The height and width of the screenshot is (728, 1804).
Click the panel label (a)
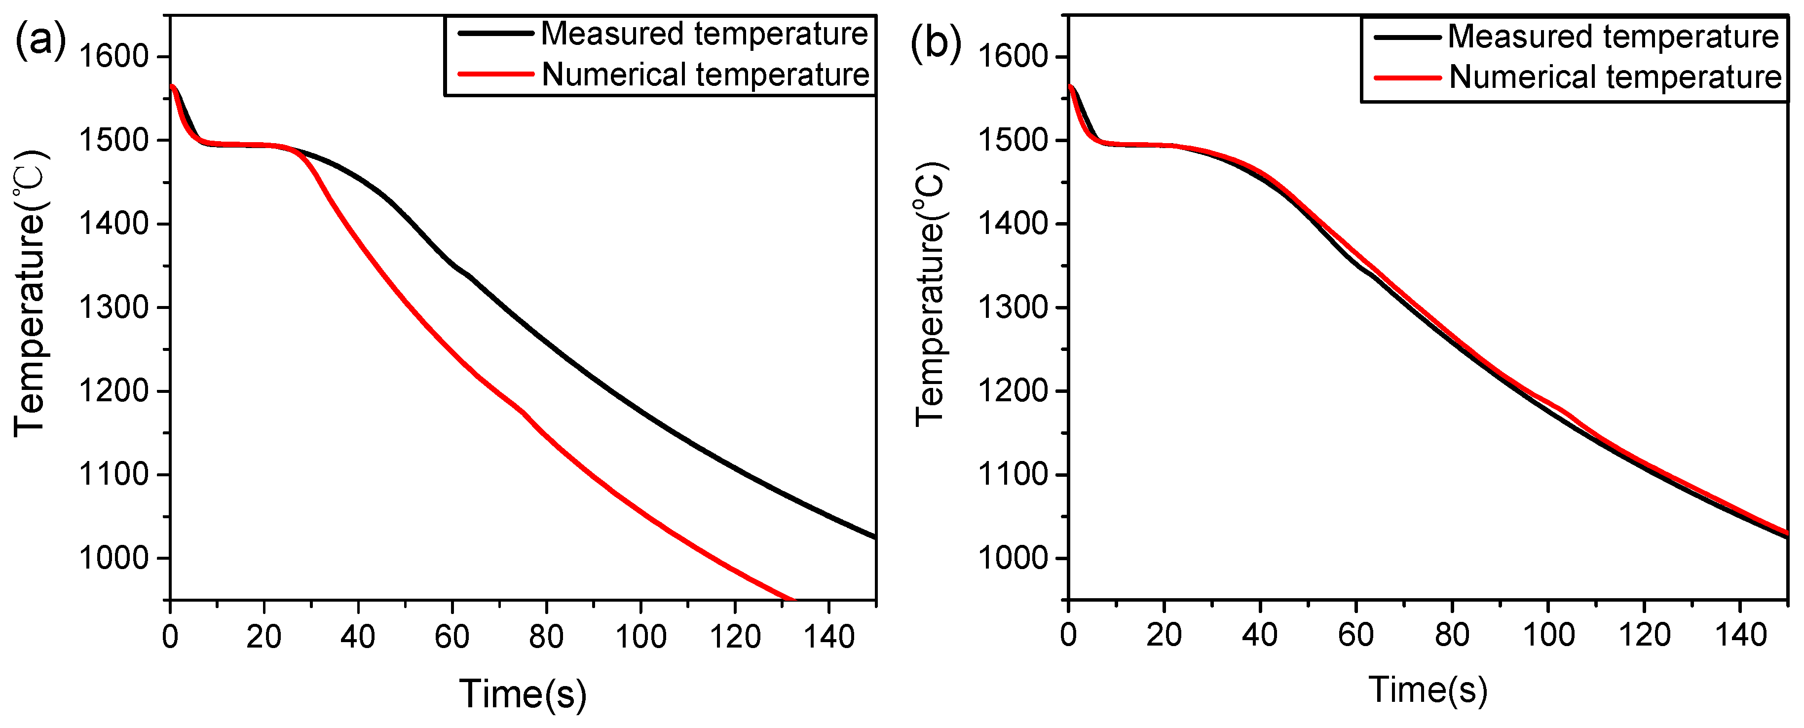pos(40,40)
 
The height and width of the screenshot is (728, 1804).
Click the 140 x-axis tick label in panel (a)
pos(828,637)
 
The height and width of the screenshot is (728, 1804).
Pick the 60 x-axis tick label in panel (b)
pos(1356,635)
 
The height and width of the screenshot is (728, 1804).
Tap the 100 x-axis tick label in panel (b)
pos(1548,635)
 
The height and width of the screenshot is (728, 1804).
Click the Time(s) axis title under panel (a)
pos(523,693)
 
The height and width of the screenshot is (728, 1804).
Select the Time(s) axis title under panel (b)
pos(1427,690)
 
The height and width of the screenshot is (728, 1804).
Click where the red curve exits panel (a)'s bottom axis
pos(793,599)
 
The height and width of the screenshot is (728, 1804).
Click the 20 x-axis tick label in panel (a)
pos(263,637)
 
